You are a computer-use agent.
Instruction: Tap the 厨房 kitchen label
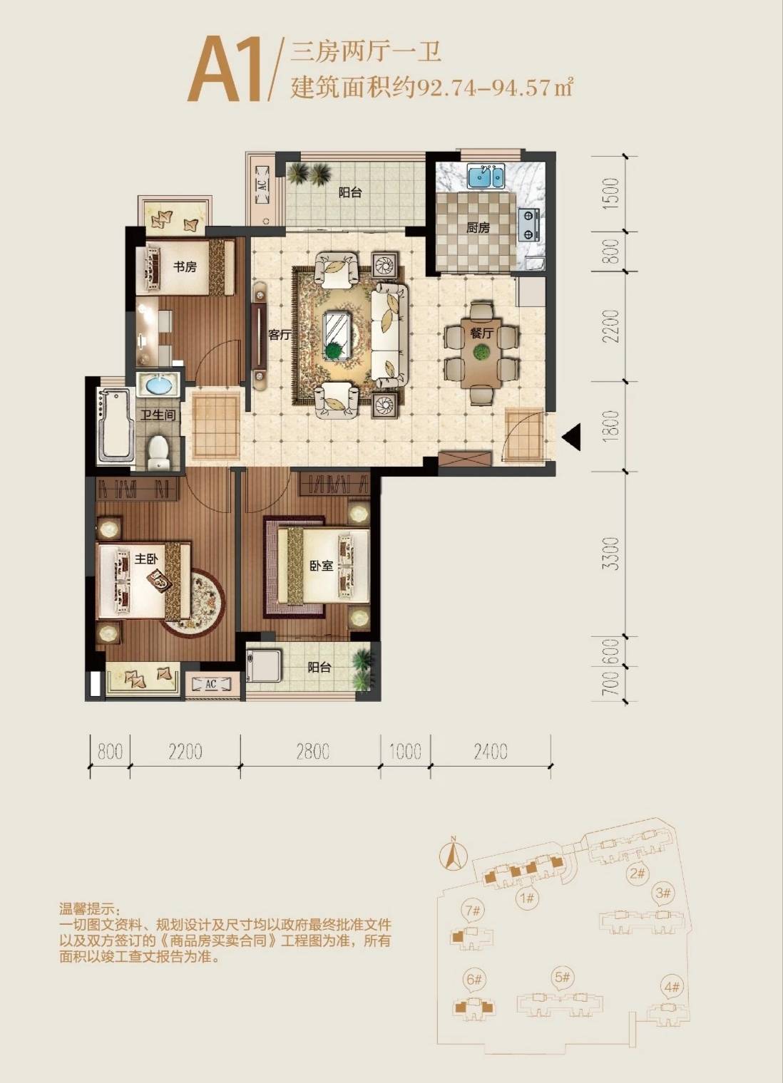[x=478, y=228]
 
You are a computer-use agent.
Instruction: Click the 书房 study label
[x=185, y=266]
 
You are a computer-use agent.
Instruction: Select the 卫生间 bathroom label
[x=158, y=415]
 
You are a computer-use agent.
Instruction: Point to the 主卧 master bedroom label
[x=147, y=559]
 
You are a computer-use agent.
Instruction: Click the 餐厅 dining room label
[x=481, y=333]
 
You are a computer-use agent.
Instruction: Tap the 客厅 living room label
[x=280, y=334]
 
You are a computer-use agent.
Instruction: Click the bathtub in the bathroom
[x=116, y=425]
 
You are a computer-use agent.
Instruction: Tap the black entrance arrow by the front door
[x=571, y=437]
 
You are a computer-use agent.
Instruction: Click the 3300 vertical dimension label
[x=612, y=554]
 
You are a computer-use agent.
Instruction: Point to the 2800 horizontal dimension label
[x=312, y=751]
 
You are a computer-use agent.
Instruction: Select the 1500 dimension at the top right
[x=612, y=193]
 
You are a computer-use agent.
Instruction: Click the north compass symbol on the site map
[x=453, y=855]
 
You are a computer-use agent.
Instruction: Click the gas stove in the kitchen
[x=529, y=224]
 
